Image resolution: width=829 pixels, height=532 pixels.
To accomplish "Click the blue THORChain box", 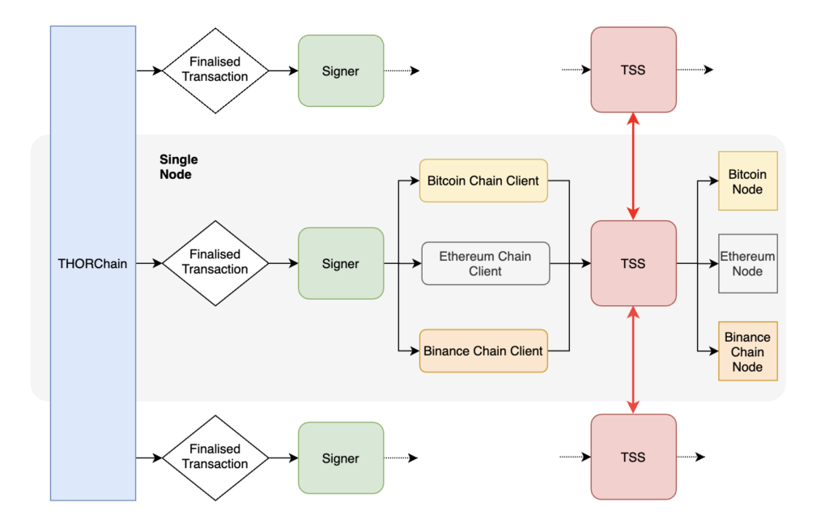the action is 93,263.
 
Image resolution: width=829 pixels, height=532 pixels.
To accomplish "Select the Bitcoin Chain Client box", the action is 483,181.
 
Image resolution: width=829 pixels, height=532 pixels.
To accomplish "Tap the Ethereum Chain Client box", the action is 486,263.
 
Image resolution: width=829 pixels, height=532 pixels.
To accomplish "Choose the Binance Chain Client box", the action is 483,351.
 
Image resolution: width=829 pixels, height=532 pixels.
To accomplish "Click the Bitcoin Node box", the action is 747,181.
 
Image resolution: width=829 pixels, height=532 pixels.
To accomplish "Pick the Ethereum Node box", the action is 747,263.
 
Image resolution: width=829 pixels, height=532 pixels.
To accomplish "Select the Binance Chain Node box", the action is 747,351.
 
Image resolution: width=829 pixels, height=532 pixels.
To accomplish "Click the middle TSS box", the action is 633,263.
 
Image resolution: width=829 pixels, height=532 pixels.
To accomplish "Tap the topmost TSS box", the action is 633,70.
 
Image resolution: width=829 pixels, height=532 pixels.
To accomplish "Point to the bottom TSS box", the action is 633,457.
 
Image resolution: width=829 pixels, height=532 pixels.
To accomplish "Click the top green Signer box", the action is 341,71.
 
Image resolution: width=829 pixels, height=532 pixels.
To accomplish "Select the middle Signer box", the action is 341,263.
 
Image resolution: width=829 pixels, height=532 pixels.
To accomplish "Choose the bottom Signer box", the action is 341,458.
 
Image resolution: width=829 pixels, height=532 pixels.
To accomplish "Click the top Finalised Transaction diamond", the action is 215,70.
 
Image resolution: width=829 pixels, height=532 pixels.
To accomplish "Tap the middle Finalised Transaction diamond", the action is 215,263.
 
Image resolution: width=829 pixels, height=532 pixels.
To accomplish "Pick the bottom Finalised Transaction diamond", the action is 215,458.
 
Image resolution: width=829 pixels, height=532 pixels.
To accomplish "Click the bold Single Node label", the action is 179,167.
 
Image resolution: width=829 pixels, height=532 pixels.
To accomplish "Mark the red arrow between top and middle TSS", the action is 633,167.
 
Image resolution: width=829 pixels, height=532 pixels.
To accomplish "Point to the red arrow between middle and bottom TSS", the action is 633,360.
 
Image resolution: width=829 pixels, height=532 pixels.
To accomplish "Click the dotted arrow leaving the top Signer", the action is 402,70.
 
